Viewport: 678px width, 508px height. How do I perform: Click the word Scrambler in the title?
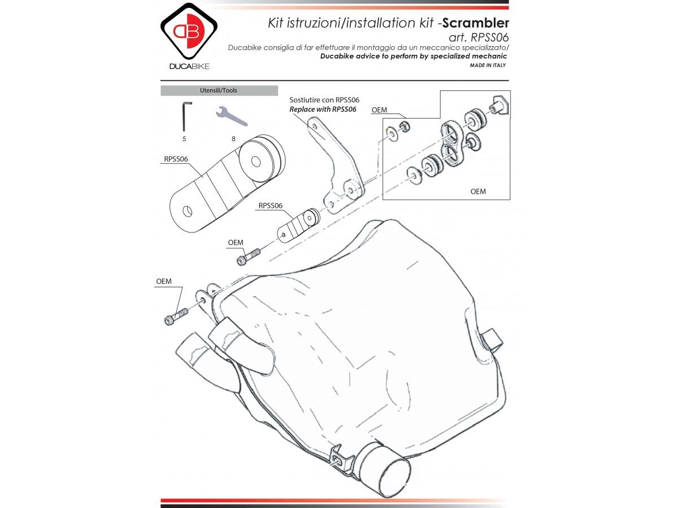pos(476,23)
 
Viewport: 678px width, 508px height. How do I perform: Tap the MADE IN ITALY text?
pos(488,65)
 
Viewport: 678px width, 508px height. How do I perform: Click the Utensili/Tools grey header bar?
pos(219,90)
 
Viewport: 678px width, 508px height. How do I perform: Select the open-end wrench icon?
pos(232,117)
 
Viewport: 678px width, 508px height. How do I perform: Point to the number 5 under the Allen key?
pos(184,138)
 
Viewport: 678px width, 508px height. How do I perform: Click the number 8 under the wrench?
pos(233,138)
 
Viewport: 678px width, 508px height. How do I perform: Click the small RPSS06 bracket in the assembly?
pos(299,225)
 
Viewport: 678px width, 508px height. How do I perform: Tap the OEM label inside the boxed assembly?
pos(478,191)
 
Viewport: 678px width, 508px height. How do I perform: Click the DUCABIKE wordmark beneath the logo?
pos(189,67)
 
